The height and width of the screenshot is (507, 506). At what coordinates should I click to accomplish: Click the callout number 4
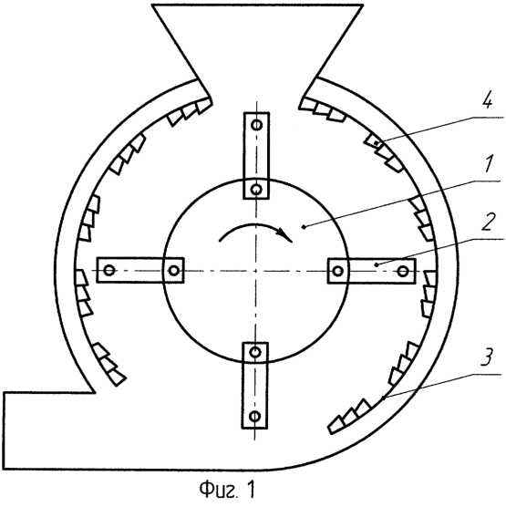(x=487, y=101)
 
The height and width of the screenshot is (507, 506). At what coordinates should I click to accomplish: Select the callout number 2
(x=488, y=222)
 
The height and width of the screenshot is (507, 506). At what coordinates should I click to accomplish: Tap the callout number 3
(x=487, y=358)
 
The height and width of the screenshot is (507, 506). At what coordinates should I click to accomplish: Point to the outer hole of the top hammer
(x=257, y=125)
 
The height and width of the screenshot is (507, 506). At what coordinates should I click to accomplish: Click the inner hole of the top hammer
(x=257, y=189)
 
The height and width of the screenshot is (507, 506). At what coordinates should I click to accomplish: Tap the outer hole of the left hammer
(x=109, y=270)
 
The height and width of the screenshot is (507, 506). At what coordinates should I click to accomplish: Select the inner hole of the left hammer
(x=174, y=270)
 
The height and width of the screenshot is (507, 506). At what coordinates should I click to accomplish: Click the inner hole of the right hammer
(x=338, y=270)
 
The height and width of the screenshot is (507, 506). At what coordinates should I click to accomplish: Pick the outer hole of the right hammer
(x=402, y=270)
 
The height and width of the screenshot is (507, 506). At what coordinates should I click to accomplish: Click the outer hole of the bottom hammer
(x=255, y=416)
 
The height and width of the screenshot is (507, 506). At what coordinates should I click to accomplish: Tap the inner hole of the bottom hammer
(x=255, y=352)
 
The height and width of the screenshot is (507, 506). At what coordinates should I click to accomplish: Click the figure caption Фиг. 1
(x=227, y=490)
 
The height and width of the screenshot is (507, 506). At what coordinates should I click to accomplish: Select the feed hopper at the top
(x=257, y=48)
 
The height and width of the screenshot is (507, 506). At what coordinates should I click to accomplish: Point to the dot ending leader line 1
(x=304, y=228)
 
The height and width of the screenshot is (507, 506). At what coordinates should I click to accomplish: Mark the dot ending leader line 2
(x=376, y=264)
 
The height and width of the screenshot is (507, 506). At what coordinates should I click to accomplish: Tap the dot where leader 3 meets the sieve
(x=383, y=398)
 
